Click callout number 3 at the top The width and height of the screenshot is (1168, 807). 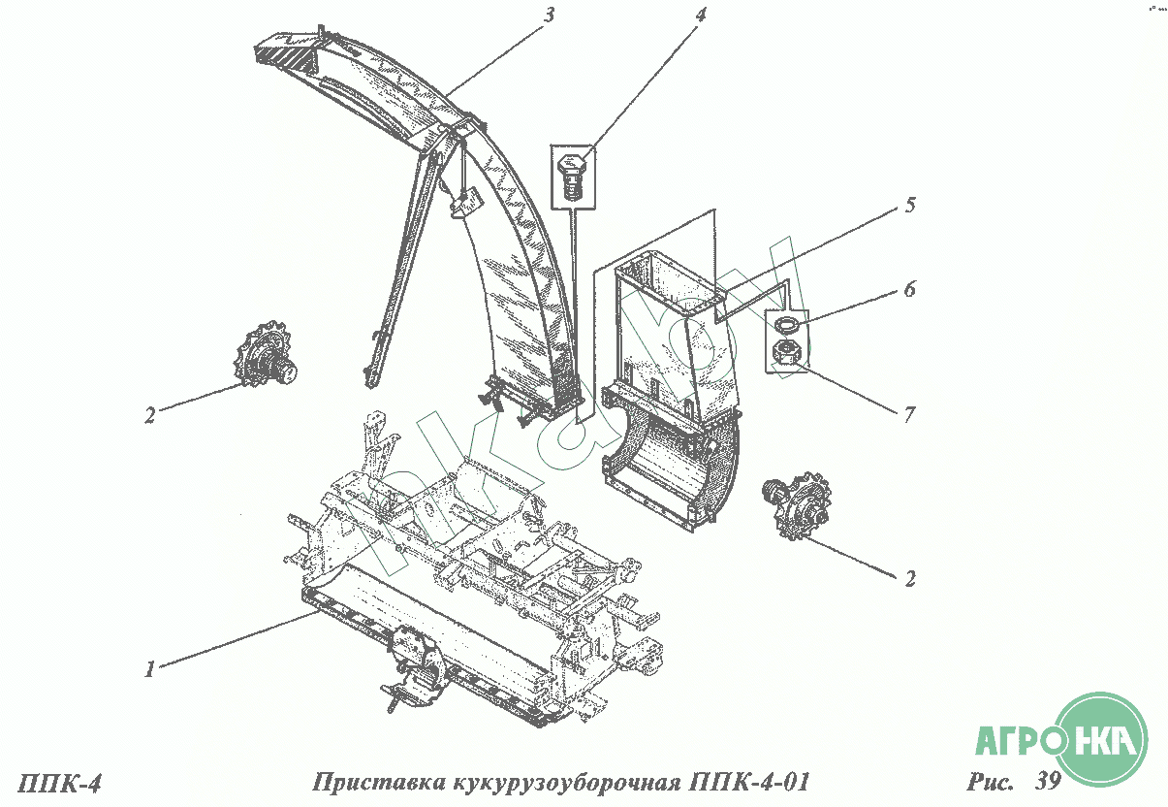tap(549, 16)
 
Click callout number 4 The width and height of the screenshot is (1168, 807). tap(700, 16)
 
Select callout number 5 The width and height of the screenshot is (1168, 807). tap(910, 205)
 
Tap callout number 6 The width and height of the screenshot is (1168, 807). tap(909, 288)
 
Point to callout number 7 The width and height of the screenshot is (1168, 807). tap(909, 415)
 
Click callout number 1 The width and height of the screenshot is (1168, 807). tap(150, 669)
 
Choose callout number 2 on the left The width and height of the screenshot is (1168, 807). tap(150, 415)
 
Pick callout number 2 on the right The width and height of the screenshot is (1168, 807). tap(910, 578)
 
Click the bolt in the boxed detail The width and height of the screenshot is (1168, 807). tap(573, 177)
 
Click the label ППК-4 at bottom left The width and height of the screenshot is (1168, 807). tap(59, 784)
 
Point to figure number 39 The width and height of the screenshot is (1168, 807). tap(1048, 781)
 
